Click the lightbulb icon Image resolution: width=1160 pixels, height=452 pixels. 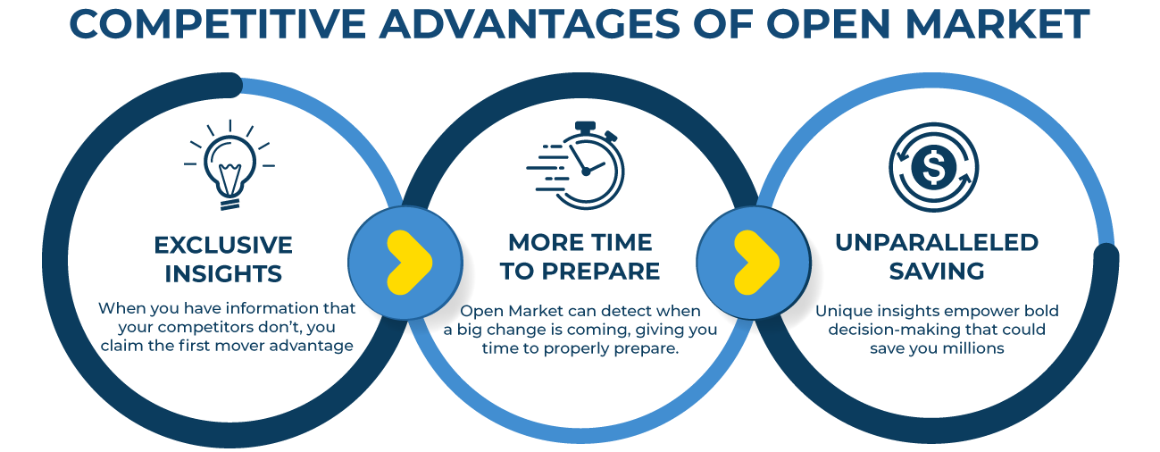point(229,165)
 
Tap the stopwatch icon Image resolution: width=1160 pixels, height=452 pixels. point(576,165)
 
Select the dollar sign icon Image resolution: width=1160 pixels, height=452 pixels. point(934,167)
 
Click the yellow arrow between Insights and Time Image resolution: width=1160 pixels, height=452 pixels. point(409,263)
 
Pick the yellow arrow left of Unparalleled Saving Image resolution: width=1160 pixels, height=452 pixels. point(756,263)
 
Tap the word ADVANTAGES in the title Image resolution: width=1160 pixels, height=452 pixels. point(529,24)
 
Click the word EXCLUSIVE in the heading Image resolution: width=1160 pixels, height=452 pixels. point(223,245)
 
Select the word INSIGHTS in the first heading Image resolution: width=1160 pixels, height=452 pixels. point(223,273)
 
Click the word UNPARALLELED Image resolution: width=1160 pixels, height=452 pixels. point(937,242)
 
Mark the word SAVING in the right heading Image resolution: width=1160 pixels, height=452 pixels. point(937,271)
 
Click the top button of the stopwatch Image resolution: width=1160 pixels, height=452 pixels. point(585,126)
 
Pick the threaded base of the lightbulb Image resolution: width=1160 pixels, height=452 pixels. point(229,204)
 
